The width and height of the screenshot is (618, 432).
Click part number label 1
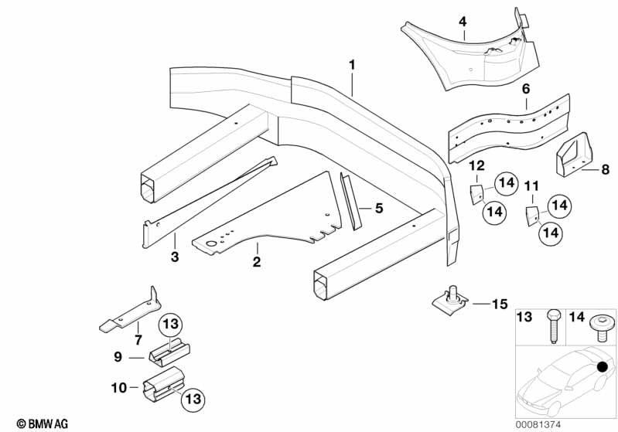(352, 66)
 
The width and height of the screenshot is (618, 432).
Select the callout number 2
(256, 263)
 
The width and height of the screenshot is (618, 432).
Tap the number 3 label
(175, 257)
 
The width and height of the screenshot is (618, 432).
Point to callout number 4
(463, 22)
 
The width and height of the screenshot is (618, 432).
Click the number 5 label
(379, 208)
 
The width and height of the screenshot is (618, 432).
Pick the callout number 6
(526, 90)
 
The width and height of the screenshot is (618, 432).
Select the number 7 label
(138, 339)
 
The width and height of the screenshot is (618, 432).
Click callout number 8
(605, 169)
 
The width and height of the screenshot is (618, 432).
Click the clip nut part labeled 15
(451, 298)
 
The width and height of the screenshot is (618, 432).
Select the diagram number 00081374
(562, 423)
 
